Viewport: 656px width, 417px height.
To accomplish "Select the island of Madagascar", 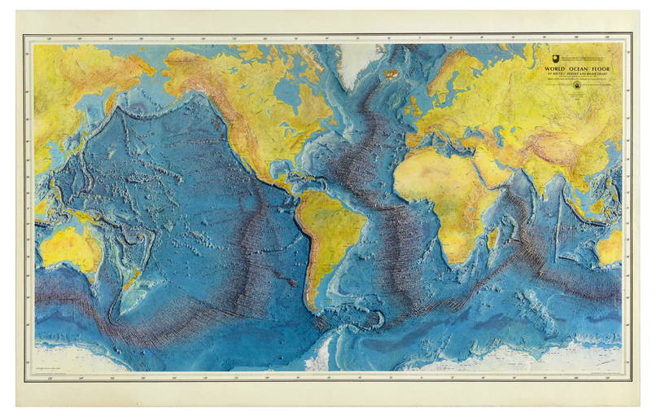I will coord(492,238).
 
